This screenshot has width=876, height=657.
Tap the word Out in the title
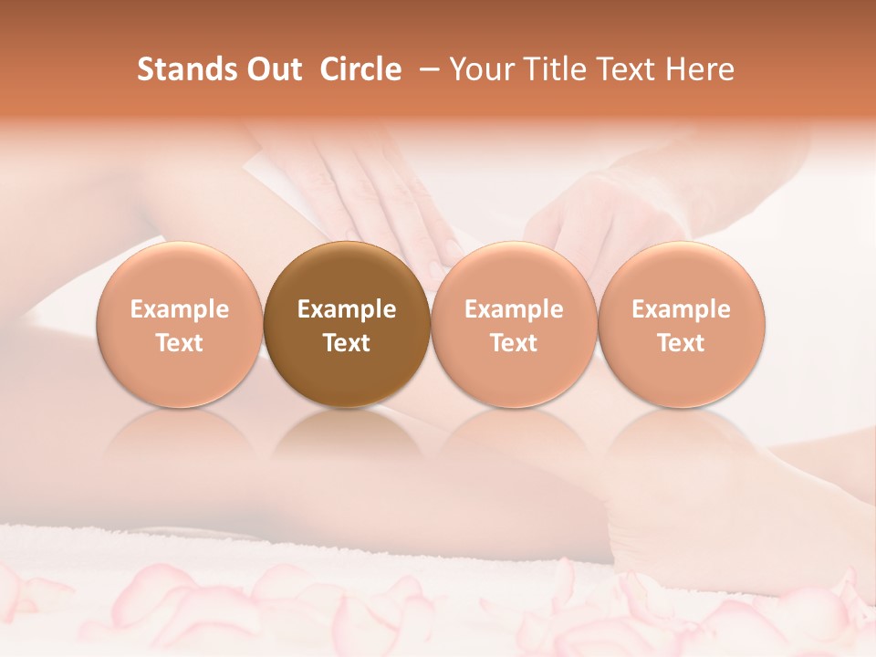[x=273, y=69]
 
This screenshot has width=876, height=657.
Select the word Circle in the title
[x=360, y=69]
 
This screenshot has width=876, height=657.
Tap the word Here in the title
[x=700, y=69]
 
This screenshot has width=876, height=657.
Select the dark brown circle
[x=347, y=325]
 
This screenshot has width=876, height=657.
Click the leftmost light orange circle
[x=180, y=325]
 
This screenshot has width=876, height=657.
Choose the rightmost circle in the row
[x=682, y=325]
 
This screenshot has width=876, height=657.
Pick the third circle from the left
[x=514, y=325]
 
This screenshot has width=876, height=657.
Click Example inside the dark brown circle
[x=347, y=309]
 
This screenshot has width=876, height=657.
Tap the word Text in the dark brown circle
[x=347, y=343]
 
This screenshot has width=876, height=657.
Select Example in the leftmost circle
[x=180, y=309]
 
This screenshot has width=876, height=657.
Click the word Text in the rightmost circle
[x=682, y=343]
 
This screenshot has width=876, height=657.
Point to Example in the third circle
[x=514, y=309]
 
